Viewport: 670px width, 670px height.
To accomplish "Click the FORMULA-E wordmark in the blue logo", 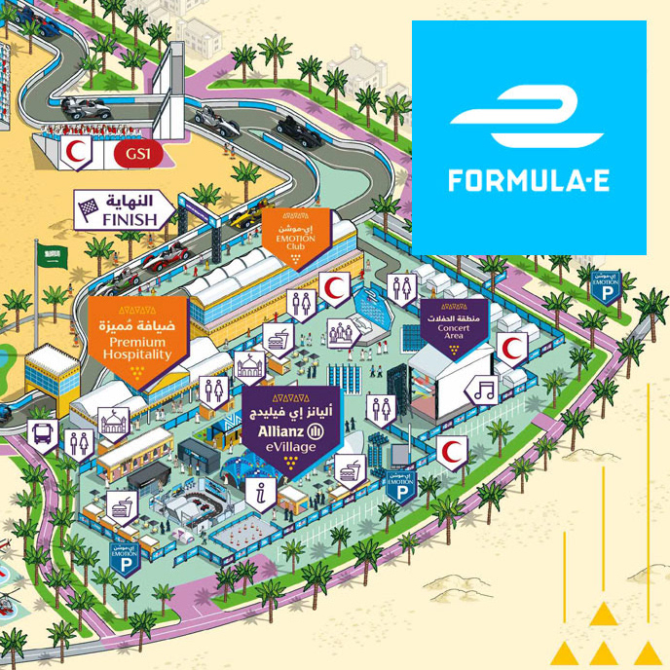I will coord(528,180).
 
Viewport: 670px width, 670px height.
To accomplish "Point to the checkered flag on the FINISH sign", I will coord(90,206).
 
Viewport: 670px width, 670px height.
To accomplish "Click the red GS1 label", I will coord(130,153).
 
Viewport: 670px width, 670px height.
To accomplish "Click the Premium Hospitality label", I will coord(138,336).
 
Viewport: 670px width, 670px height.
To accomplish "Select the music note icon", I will coord(482,391).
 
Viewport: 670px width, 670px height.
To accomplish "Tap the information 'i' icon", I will coord(257,493).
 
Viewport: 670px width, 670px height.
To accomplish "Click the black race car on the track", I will coord(297,127).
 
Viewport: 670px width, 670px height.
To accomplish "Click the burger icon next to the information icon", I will coord(348,471).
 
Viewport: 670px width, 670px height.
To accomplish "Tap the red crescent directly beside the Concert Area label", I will coord(511,347).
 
